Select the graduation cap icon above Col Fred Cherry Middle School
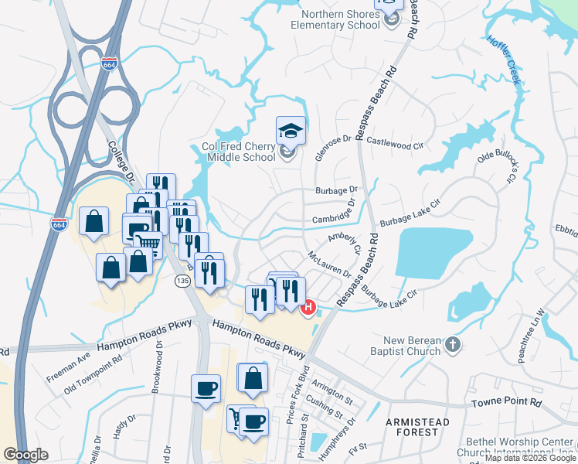(291, 130)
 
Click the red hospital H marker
(308, 308)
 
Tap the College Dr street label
(122, 162)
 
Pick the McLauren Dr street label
(329, 264)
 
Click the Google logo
(25, 455)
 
